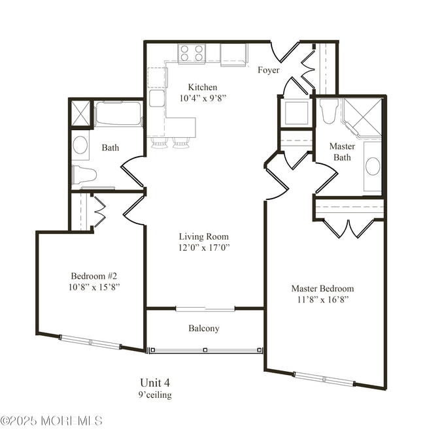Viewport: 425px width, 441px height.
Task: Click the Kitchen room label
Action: (203, 87)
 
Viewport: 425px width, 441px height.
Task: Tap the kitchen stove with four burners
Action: (192, 54)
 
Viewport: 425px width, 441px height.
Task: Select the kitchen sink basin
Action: (156, 99)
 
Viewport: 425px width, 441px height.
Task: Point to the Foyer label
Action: (269, 70)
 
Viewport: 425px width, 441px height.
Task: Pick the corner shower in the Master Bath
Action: (362, 118)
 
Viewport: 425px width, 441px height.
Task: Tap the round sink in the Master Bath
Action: (373, 166)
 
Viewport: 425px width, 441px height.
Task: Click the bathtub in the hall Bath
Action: (118, 113)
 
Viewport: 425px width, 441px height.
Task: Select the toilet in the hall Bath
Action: (84, 174)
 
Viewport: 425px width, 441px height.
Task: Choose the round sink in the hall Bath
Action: (80, 145)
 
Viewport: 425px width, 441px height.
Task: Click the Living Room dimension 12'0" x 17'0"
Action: (204, 248)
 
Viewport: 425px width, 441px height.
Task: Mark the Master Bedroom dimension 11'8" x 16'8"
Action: (323, 300)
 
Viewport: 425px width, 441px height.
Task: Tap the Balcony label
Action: (204, 328)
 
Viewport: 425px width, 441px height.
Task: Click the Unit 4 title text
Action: (155, 382)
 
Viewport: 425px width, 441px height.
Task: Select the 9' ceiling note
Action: (155, 395)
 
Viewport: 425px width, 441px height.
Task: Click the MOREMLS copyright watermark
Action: (51, 421)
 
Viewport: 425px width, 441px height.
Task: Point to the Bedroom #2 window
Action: (90, 342)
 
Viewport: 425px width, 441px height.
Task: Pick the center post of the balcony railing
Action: (205, 350)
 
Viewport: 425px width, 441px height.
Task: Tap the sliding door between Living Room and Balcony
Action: (205, 309)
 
